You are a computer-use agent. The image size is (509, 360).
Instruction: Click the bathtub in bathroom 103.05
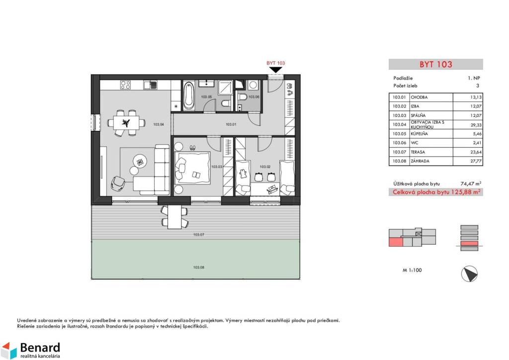[188, 95]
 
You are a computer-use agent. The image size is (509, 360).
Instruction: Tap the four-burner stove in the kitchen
[125, 85]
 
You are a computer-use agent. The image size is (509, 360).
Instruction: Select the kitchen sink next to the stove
[151, 85]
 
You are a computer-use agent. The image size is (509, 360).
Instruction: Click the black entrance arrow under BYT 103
[275, 70]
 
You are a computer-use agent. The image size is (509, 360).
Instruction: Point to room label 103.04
[159, 124]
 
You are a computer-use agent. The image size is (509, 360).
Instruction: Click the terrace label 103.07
[198, 234]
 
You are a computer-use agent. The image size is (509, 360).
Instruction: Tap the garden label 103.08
[198, 268]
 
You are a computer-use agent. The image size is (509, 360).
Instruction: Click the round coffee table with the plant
[140, 161]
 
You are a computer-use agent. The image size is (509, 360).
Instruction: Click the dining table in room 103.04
[126, 123]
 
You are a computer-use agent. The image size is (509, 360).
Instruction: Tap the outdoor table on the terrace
[174, 217]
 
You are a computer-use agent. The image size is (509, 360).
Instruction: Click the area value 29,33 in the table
[477, 125]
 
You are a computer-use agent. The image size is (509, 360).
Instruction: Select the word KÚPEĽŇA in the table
[419, 134]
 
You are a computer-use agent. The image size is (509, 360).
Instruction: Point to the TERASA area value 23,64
[476, 152]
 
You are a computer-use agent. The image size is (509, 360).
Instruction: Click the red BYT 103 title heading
[435, 64]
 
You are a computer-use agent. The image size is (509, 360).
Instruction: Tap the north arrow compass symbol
[469, 273]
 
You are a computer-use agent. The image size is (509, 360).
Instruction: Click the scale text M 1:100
[412, 270]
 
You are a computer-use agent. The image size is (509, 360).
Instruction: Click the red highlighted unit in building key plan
[396, 242]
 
